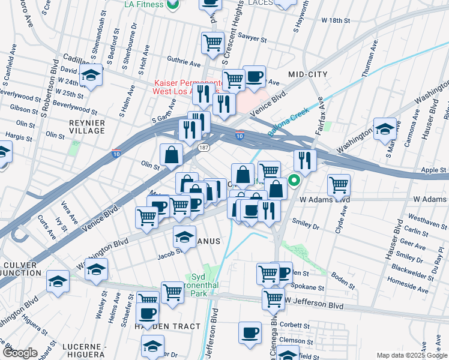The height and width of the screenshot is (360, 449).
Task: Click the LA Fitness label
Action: click(x=144, y=4)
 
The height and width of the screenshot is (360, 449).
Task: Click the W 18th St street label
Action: click(x=336, y=20)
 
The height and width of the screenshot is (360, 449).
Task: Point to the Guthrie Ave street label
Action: click(x=184, y=62)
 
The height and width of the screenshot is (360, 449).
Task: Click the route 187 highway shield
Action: click(x=204, y=146)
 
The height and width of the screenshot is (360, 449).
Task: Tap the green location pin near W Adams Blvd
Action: click(x=294, y=179)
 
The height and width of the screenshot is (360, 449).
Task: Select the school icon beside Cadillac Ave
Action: click(x=91, y=76)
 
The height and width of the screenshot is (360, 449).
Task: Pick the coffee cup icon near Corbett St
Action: click(x=250, y=332)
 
